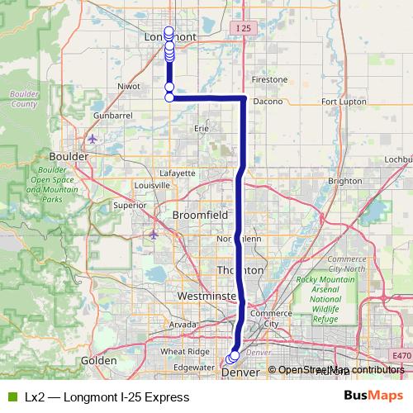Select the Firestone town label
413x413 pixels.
(270, 80)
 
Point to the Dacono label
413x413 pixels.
(268, 102)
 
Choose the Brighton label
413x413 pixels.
(344, 181)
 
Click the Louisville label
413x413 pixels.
(151, 186)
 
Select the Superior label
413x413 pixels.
(130, 206)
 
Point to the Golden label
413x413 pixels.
(98, 361)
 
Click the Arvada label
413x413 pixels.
(183, 325)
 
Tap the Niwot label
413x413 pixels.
(131, 84)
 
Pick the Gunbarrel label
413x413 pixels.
(113, 116)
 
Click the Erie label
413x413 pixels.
(201, 129)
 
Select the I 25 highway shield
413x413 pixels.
(241, 29)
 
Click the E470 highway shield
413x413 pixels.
(402, 356)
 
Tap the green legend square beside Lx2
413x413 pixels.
(12, 397)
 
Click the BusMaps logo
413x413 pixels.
(373, 396)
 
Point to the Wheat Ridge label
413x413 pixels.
(185, 352)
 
